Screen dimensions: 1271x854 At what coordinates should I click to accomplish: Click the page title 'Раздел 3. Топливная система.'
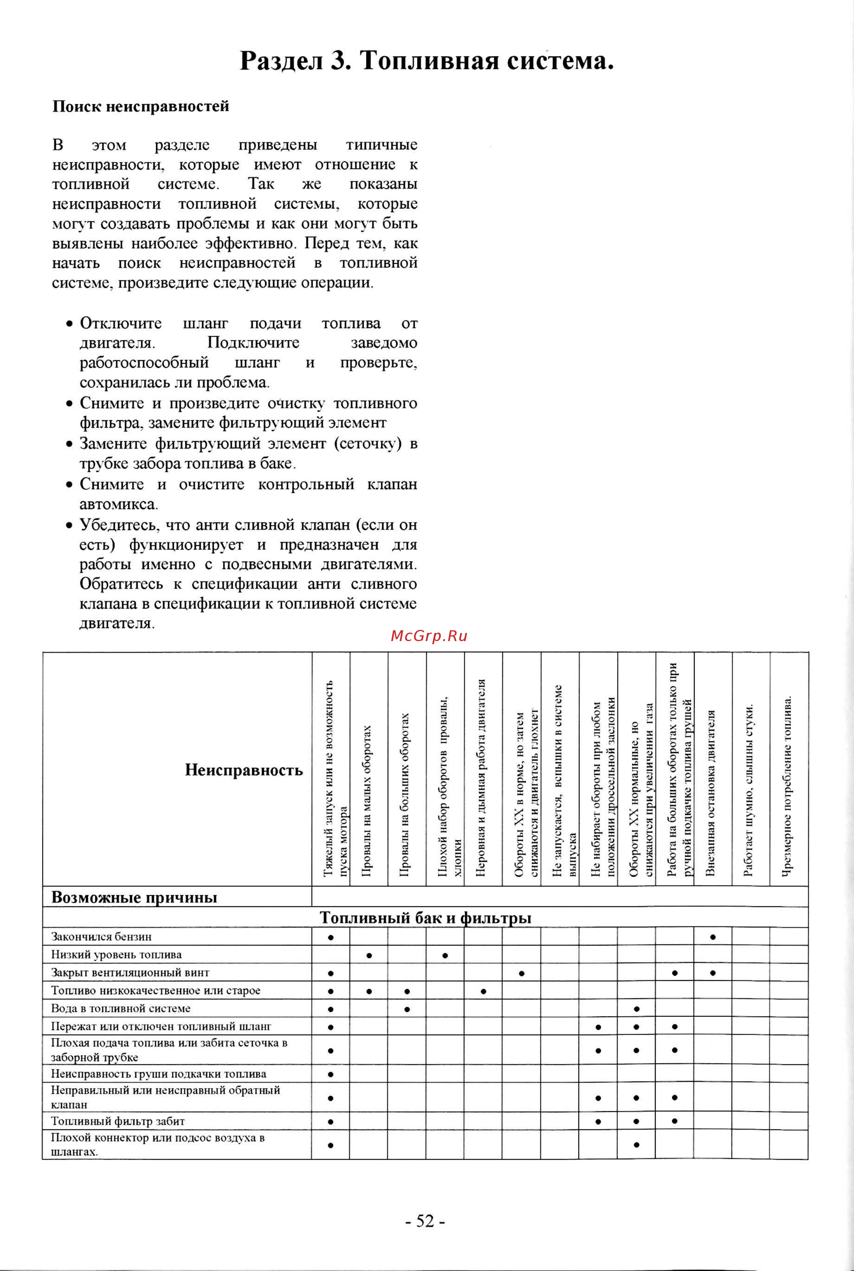click(x=427, y=60)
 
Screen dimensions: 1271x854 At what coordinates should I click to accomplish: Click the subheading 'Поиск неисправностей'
click(x=140, y=106)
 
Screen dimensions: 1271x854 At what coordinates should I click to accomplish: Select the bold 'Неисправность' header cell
click(x=244, y=770)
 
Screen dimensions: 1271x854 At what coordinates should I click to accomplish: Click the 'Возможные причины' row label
click(x=134, y=898)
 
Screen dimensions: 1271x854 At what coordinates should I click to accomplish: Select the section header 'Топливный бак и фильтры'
click(x=425, y=918)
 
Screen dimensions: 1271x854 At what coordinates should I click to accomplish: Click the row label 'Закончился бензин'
click(x=101, y=937)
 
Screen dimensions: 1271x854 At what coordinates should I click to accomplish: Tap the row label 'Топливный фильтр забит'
click(x=118, y=1122)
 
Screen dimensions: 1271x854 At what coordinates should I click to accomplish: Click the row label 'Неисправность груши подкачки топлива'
click(x=159, y=1074)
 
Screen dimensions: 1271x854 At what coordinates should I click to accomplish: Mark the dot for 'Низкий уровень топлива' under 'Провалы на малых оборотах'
click(x=369, y=955)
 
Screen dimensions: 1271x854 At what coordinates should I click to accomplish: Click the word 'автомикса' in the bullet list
click(x=118, y=504)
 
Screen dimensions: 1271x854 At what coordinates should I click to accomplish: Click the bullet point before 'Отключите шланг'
click(x=69, y=324)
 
